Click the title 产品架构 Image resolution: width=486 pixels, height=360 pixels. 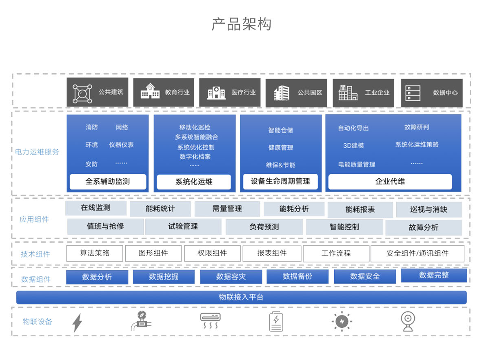(241, 24)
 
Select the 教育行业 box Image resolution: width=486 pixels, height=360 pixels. (164, 93)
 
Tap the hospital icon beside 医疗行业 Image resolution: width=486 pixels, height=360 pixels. (216, 93)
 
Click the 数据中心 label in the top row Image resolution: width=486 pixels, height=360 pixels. (445, 93)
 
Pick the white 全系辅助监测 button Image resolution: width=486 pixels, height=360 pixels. (108, 182)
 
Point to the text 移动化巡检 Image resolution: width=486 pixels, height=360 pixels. (195, 127)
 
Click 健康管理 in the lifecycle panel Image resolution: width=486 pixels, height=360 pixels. (280, 147)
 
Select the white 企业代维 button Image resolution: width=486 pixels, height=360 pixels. (390, 182)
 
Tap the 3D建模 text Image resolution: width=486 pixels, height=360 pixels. (353, 145)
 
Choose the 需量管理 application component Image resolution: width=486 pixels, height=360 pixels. (227, 209)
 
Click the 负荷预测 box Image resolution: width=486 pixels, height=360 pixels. (264, 227)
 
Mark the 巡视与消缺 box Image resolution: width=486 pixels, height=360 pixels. (428, 210)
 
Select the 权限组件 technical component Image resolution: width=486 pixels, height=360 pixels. (212, 253)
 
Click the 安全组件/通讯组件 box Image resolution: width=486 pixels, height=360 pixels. (417, 253)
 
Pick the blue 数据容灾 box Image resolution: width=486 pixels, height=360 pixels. (231, 277)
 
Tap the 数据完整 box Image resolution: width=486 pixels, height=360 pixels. (434, 276)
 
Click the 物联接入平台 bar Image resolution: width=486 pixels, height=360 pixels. (241, 297)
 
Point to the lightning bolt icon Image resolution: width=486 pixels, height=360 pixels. (77, 322)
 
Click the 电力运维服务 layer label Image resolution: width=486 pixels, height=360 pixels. (37, 152)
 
